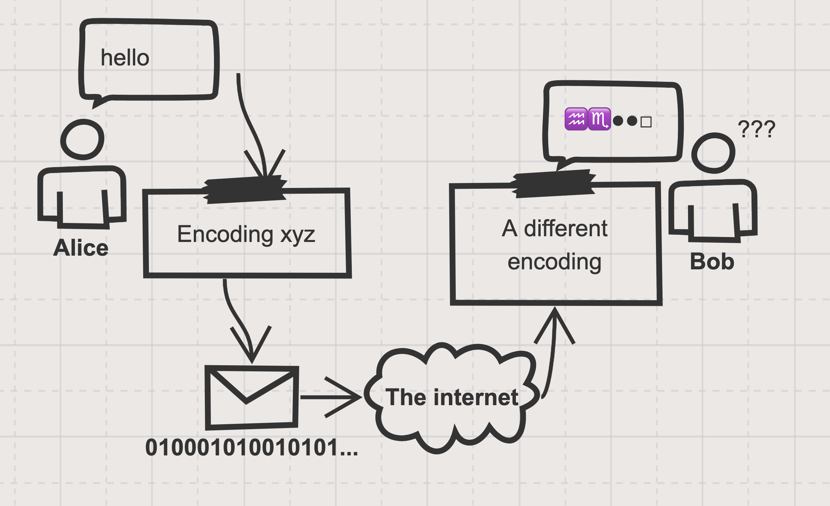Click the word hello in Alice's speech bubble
125,58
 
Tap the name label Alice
81,248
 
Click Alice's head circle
82,140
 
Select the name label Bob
712,262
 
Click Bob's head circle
713,153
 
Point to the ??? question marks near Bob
756,129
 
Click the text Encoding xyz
246,234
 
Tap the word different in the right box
566,229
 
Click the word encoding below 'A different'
554,262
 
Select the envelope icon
252,397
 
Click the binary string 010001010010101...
251,447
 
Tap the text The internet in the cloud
452,398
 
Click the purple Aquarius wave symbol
576,119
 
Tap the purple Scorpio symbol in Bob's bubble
599,119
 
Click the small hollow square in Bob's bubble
646,122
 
